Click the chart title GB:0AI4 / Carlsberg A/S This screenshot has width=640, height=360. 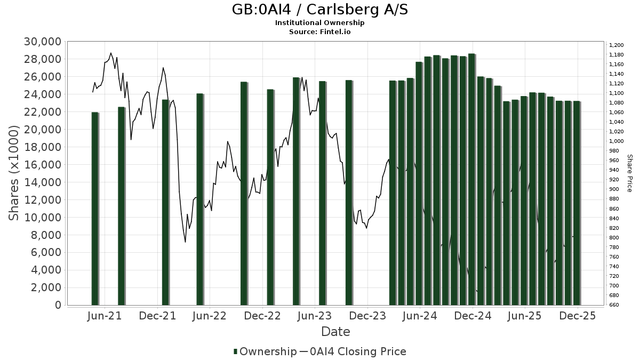pos(320,10)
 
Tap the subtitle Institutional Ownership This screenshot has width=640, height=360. pos(320,23)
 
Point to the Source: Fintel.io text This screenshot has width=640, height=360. pos(320,31)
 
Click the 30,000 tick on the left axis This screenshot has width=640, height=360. pos(43,42)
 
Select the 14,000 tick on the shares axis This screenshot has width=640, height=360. pos(43,182)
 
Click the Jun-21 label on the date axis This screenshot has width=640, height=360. pos(104,316)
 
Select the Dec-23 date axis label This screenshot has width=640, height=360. pos(367,316)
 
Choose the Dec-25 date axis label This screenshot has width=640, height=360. pos(578,316)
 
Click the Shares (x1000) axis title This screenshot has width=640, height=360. pos(14,173)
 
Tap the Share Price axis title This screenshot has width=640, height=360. pos(629,173)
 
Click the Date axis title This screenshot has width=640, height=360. pos(335,332)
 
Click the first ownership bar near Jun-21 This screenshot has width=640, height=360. pos(95,208)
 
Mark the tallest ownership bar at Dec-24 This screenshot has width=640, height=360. pos(471,179)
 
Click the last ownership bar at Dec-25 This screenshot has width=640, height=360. pos(577,203)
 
